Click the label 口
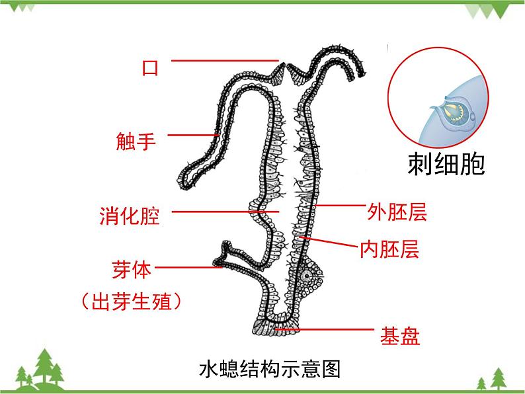pos(151,67)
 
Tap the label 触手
pos(136,141)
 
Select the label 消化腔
pos(130,216)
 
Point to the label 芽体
pos(132,270)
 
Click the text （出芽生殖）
pos(130,302)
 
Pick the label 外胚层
pos(397,212)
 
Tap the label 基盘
pos(400,336)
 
